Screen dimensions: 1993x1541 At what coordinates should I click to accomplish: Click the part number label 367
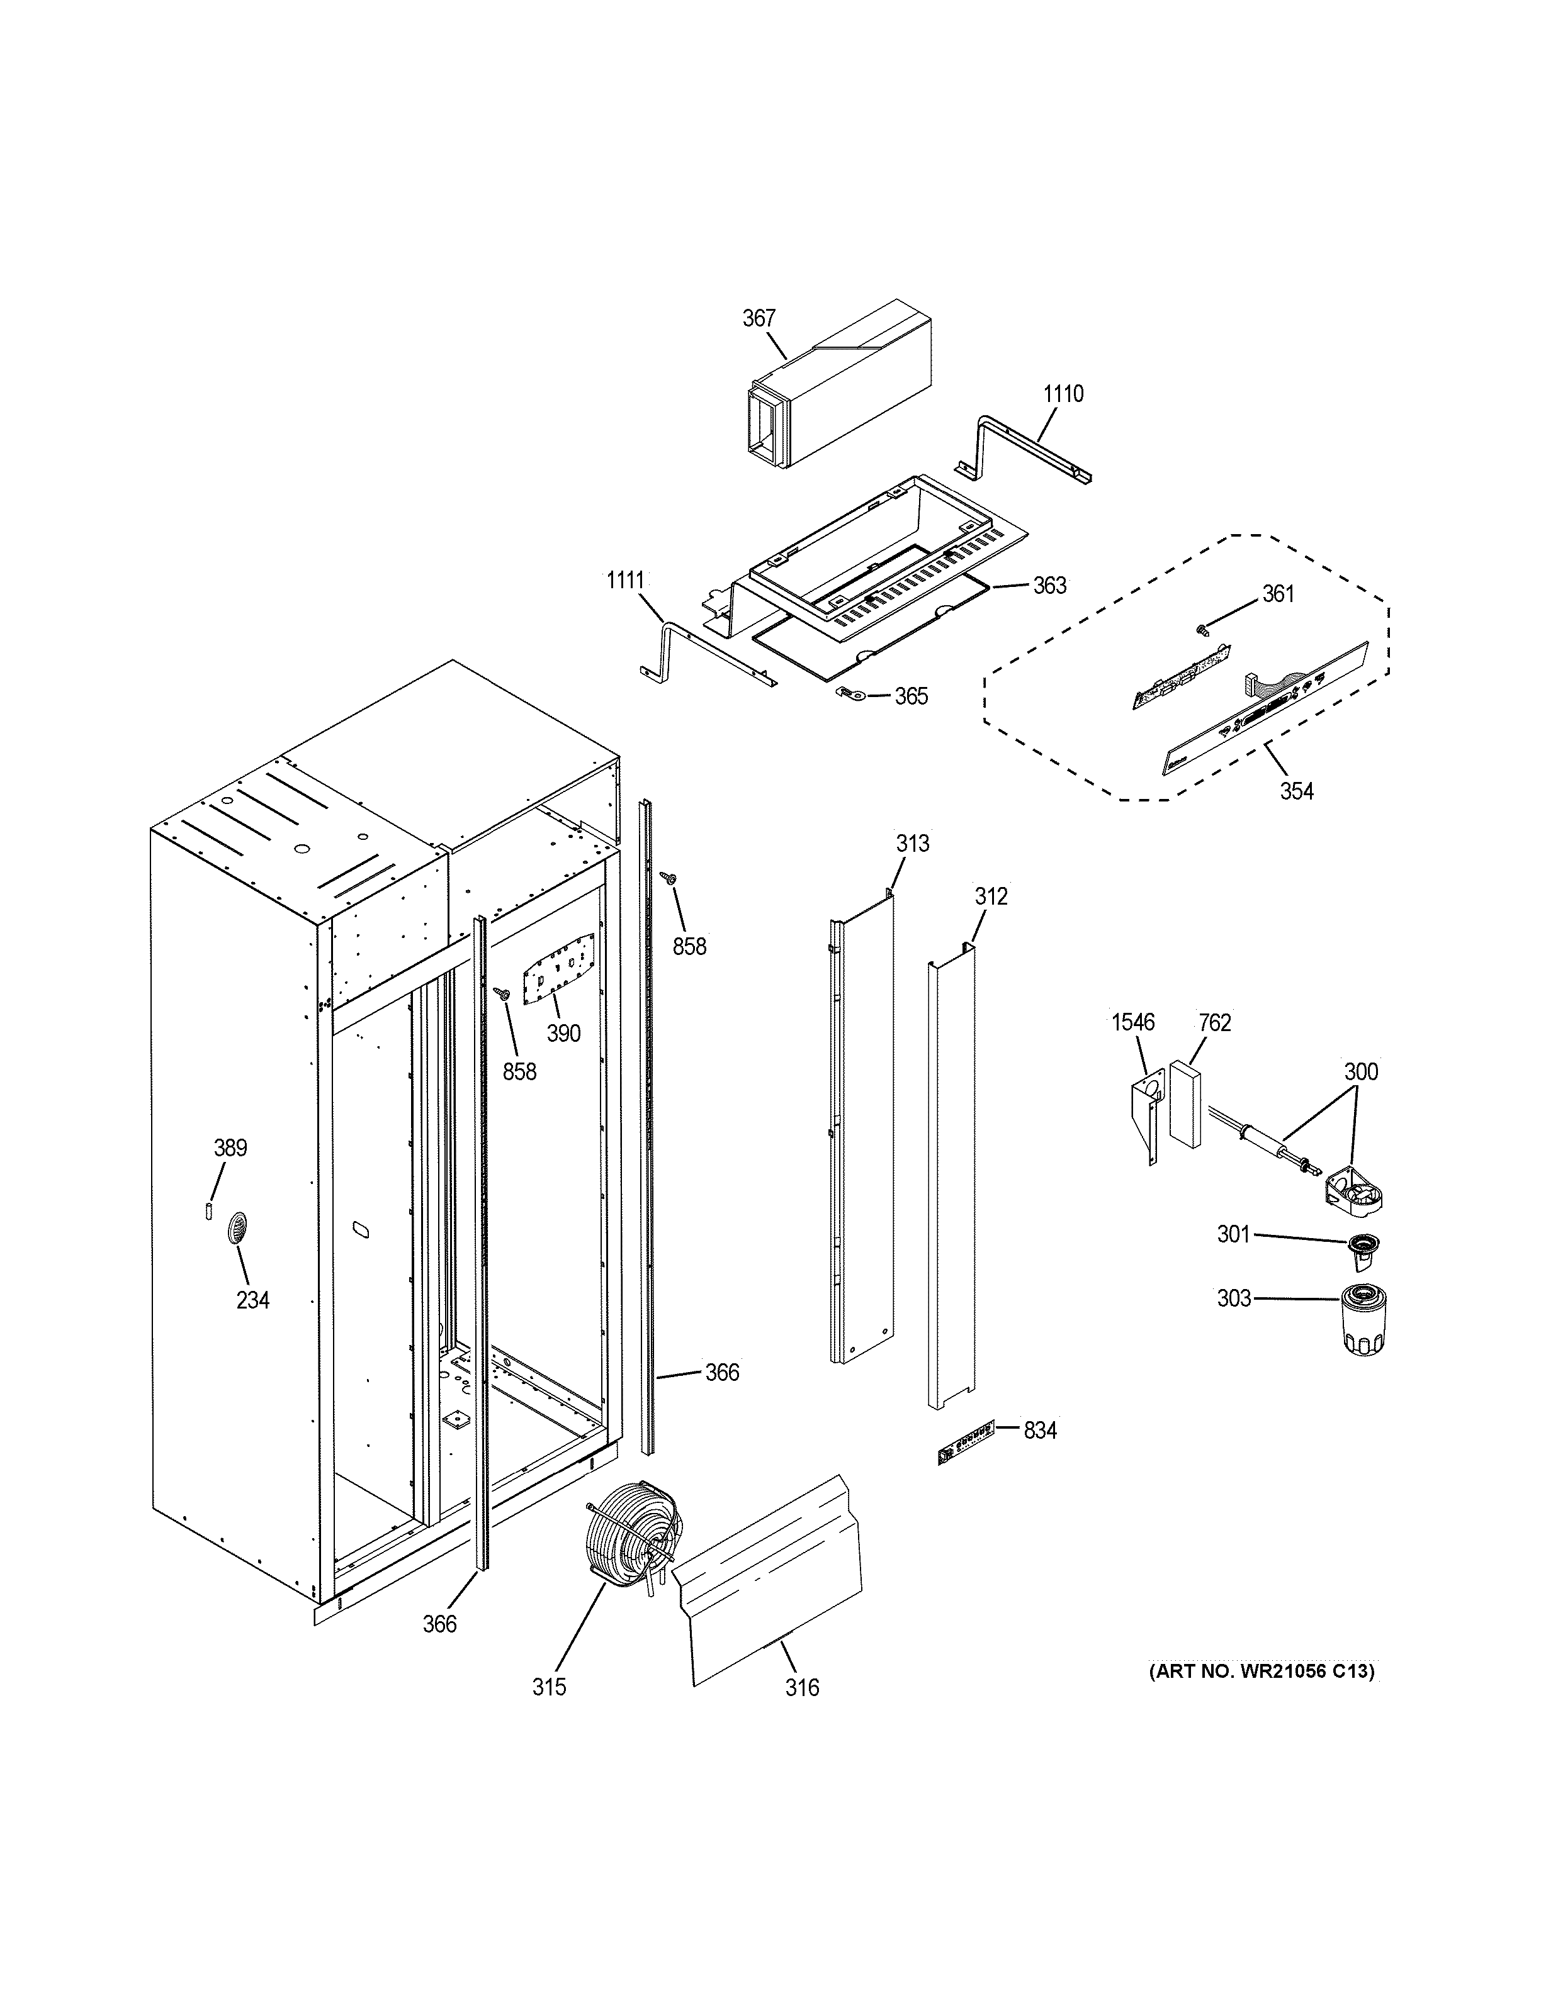pyautogui.click(x=758, y=318)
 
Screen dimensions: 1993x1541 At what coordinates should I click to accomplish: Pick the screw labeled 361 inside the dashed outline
pyautogui.click(x=1202, y=628)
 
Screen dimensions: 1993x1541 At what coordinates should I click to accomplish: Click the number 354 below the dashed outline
pyautogui.click(x=1295, y=791)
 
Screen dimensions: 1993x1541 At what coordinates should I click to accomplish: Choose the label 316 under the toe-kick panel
pyautogui.click(x=801, y=1687)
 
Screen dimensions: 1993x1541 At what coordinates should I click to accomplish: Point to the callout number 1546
pyautogui.click(x=1132, y=1023)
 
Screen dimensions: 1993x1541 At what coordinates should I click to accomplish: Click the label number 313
pyautogui.click(x=912, y=843)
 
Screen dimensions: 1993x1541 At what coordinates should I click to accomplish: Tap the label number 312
pyautogui.click(x=991, y=897)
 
